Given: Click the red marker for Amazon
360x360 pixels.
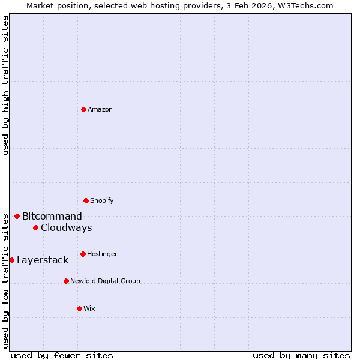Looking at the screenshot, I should click(83, 109).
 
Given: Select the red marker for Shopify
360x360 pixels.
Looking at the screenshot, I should click(86, 200).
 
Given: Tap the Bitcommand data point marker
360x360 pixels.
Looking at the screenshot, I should click(17, 216).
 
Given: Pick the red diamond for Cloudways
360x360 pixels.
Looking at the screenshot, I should click(35, 227).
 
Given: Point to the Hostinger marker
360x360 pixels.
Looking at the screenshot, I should click(83, 254).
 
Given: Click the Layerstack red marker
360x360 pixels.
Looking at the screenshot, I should click(11, 260).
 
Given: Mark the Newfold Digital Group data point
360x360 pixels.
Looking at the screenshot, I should click(66, 281).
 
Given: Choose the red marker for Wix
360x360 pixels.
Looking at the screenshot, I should click(79, 308).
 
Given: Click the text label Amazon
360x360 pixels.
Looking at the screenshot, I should click(100, 109).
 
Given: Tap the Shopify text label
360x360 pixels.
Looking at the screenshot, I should click(102, 200).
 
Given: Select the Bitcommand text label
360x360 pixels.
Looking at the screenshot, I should click(52, 216).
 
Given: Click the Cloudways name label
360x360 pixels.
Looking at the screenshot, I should click(66, 227).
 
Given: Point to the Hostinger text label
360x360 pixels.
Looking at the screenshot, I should click(102, 254).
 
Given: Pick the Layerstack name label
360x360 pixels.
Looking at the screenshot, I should click(43, 260).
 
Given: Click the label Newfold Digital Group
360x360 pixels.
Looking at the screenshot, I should click(105, 281).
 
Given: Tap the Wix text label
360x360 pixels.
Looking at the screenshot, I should click(89, 308).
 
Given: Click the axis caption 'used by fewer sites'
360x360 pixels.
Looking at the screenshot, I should click(62, 355).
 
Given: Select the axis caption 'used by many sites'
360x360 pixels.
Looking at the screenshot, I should click(301, 355).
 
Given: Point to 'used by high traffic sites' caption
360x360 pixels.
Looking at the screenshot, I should click(5, 85).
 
